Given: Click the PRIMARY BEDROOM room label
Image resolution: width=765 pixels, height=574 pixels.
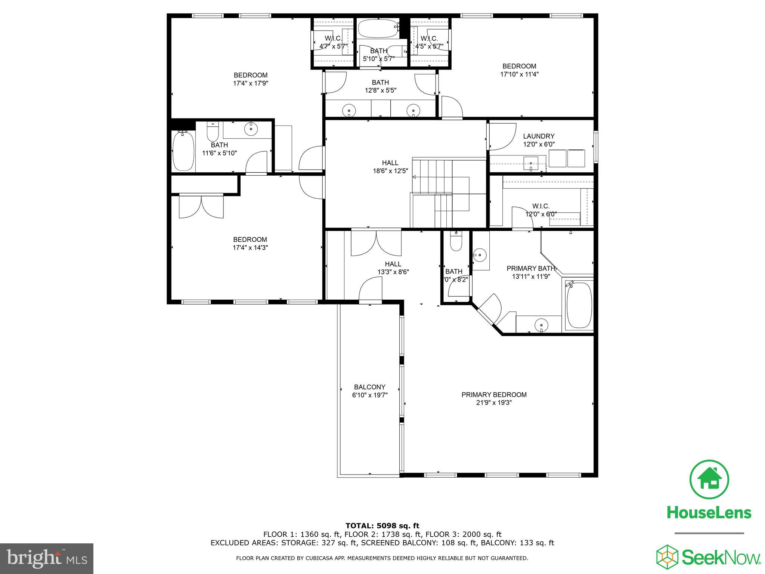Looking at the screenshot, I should coord(494,395).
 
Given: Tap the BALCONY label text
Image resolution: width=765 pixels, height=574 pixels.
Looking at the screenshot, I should coord(369,387).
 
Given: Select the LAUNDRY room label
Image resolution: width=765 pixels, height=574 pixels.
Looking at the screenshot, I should coord(538,136).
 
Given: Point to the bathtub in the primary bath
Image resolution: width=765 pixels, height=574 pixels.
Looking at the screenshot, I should coord(579,305).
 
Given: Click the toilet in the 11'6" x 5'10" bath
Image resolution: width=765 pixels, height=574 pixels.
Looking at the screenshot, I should coord(212,132).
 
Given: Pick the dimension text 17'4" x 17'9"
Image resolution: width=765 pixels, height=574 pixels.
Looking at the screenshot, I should coord(250,83).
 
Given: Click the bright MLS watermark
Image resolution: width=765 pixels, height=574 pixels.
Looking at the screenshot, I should coord(46,559).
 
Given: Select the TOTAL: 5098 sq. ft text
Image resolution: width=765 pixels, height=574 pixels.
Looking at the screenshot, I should coord(382,526).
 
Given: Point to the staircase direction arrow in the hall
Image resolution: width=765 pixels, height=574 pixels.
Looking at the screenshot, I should coord(415,176).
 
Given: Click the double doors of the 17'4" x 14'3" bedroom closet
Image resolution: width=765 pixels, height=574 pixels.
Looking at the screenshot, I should coord(201,207).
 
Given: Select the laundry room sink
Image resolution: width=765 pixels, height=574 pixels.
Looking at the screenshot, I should coord(530,164).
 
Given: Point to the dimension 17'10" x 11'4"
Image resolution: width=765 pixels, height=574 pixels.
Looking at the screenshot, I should coord(519,74).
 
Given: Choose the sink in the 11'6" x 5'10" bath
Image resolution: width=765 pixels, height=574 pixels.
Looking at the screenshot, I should coord(251,129).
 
